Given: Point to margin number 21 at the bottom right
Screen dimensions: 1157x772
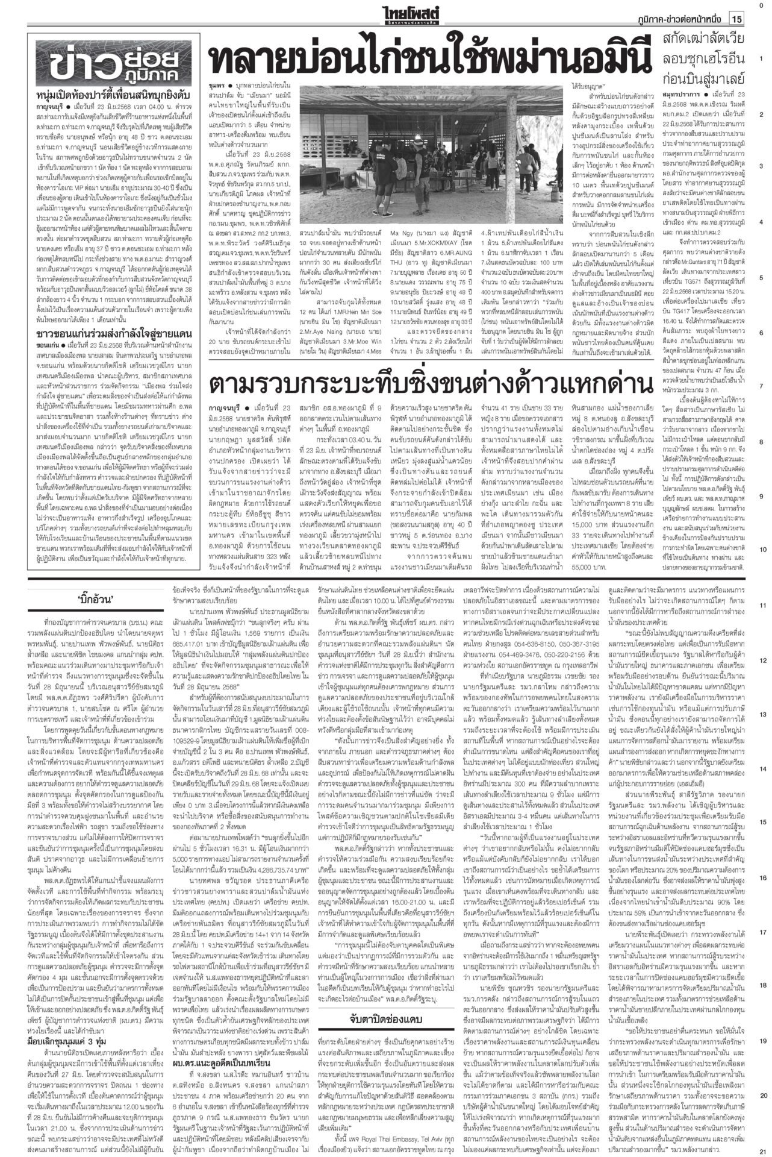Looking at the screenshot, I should point(762,1150).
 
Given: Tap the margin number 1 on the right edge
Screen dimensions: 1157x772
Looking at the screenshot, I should point(762,58).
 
